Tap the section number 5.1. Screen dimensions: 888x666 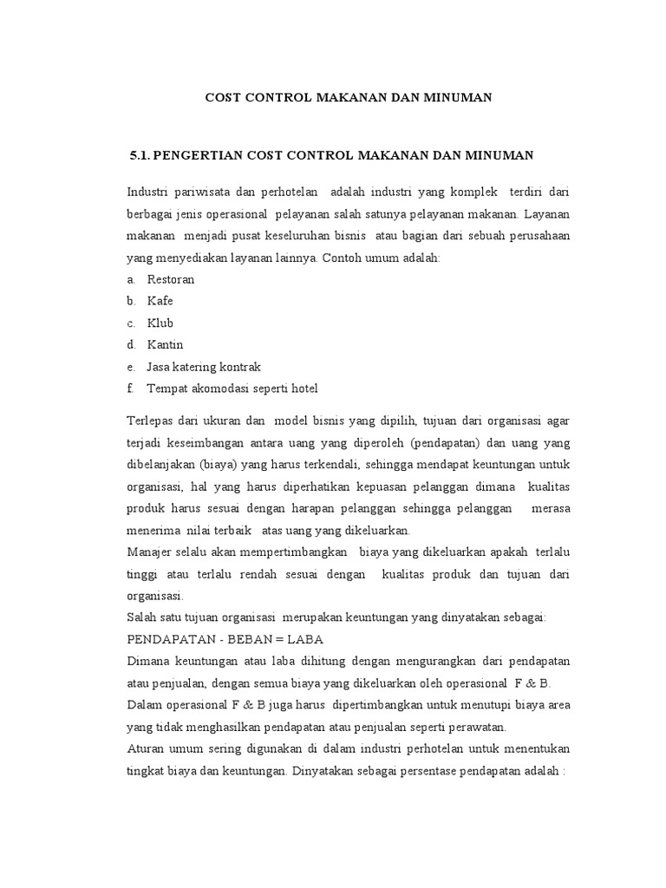click(140, 155)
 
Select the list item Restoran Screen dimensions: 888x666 click(171, 280)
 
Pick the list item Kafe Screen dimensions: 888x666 click(160, 301)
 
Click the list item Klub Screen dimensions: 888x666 click(160, 323)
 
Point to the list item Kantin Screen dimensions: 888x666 click(166, 344)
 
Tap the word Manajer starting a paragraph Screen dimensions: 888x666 click(152, 552)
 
